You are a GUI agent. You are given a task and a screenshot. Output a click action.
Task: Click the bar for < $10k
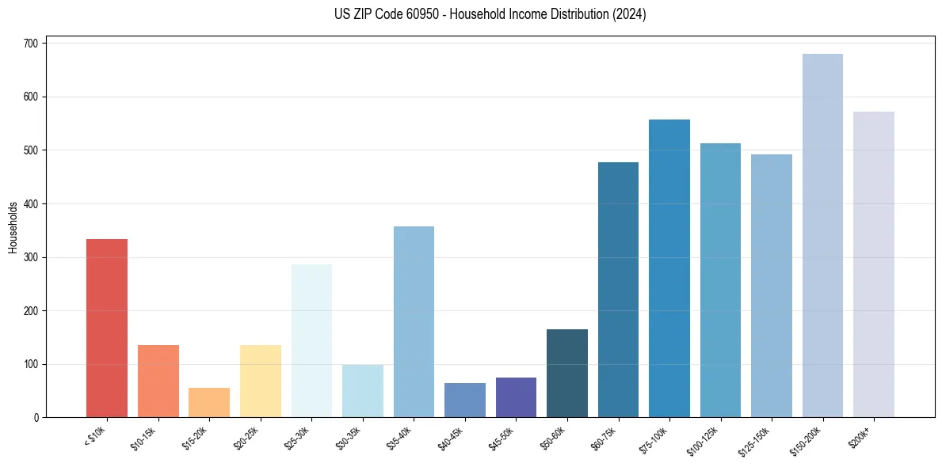(x=107, y=328)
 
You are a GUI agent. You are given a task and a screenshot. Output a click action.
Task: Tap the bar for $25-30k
(x=311, y=340)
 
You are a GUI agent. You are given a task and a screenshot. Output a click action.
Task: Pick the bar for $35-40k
(x=414, y=321)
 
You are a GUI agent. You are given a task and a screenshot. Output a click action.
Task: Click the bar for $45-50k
(x=516, y=397)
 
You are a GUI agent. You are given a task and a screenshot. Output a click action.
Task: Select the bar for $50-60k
(x=567, y=373)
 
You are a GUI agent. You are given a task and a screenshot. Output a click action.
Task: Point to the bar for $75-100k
(x=669, y=268)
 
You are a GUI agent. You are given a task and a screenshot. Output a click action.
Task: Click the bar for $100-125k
(x=720, y=280)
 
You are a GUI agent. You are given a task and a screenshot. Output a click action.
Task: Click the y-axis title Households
(x=13, y=227)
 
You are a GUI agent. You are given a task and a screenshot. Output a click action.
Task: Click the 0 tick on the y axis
(x=36, y=418)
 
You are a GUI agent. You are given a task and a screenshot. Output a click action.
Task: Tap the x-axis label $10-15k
(x=145, y=437)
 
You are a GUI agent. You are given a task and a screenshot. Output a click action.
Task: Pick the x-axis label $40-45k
(x=452, y=437)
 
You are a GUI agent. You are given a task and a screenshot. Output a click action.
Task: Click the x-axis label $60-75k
(x=605, y=437)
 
